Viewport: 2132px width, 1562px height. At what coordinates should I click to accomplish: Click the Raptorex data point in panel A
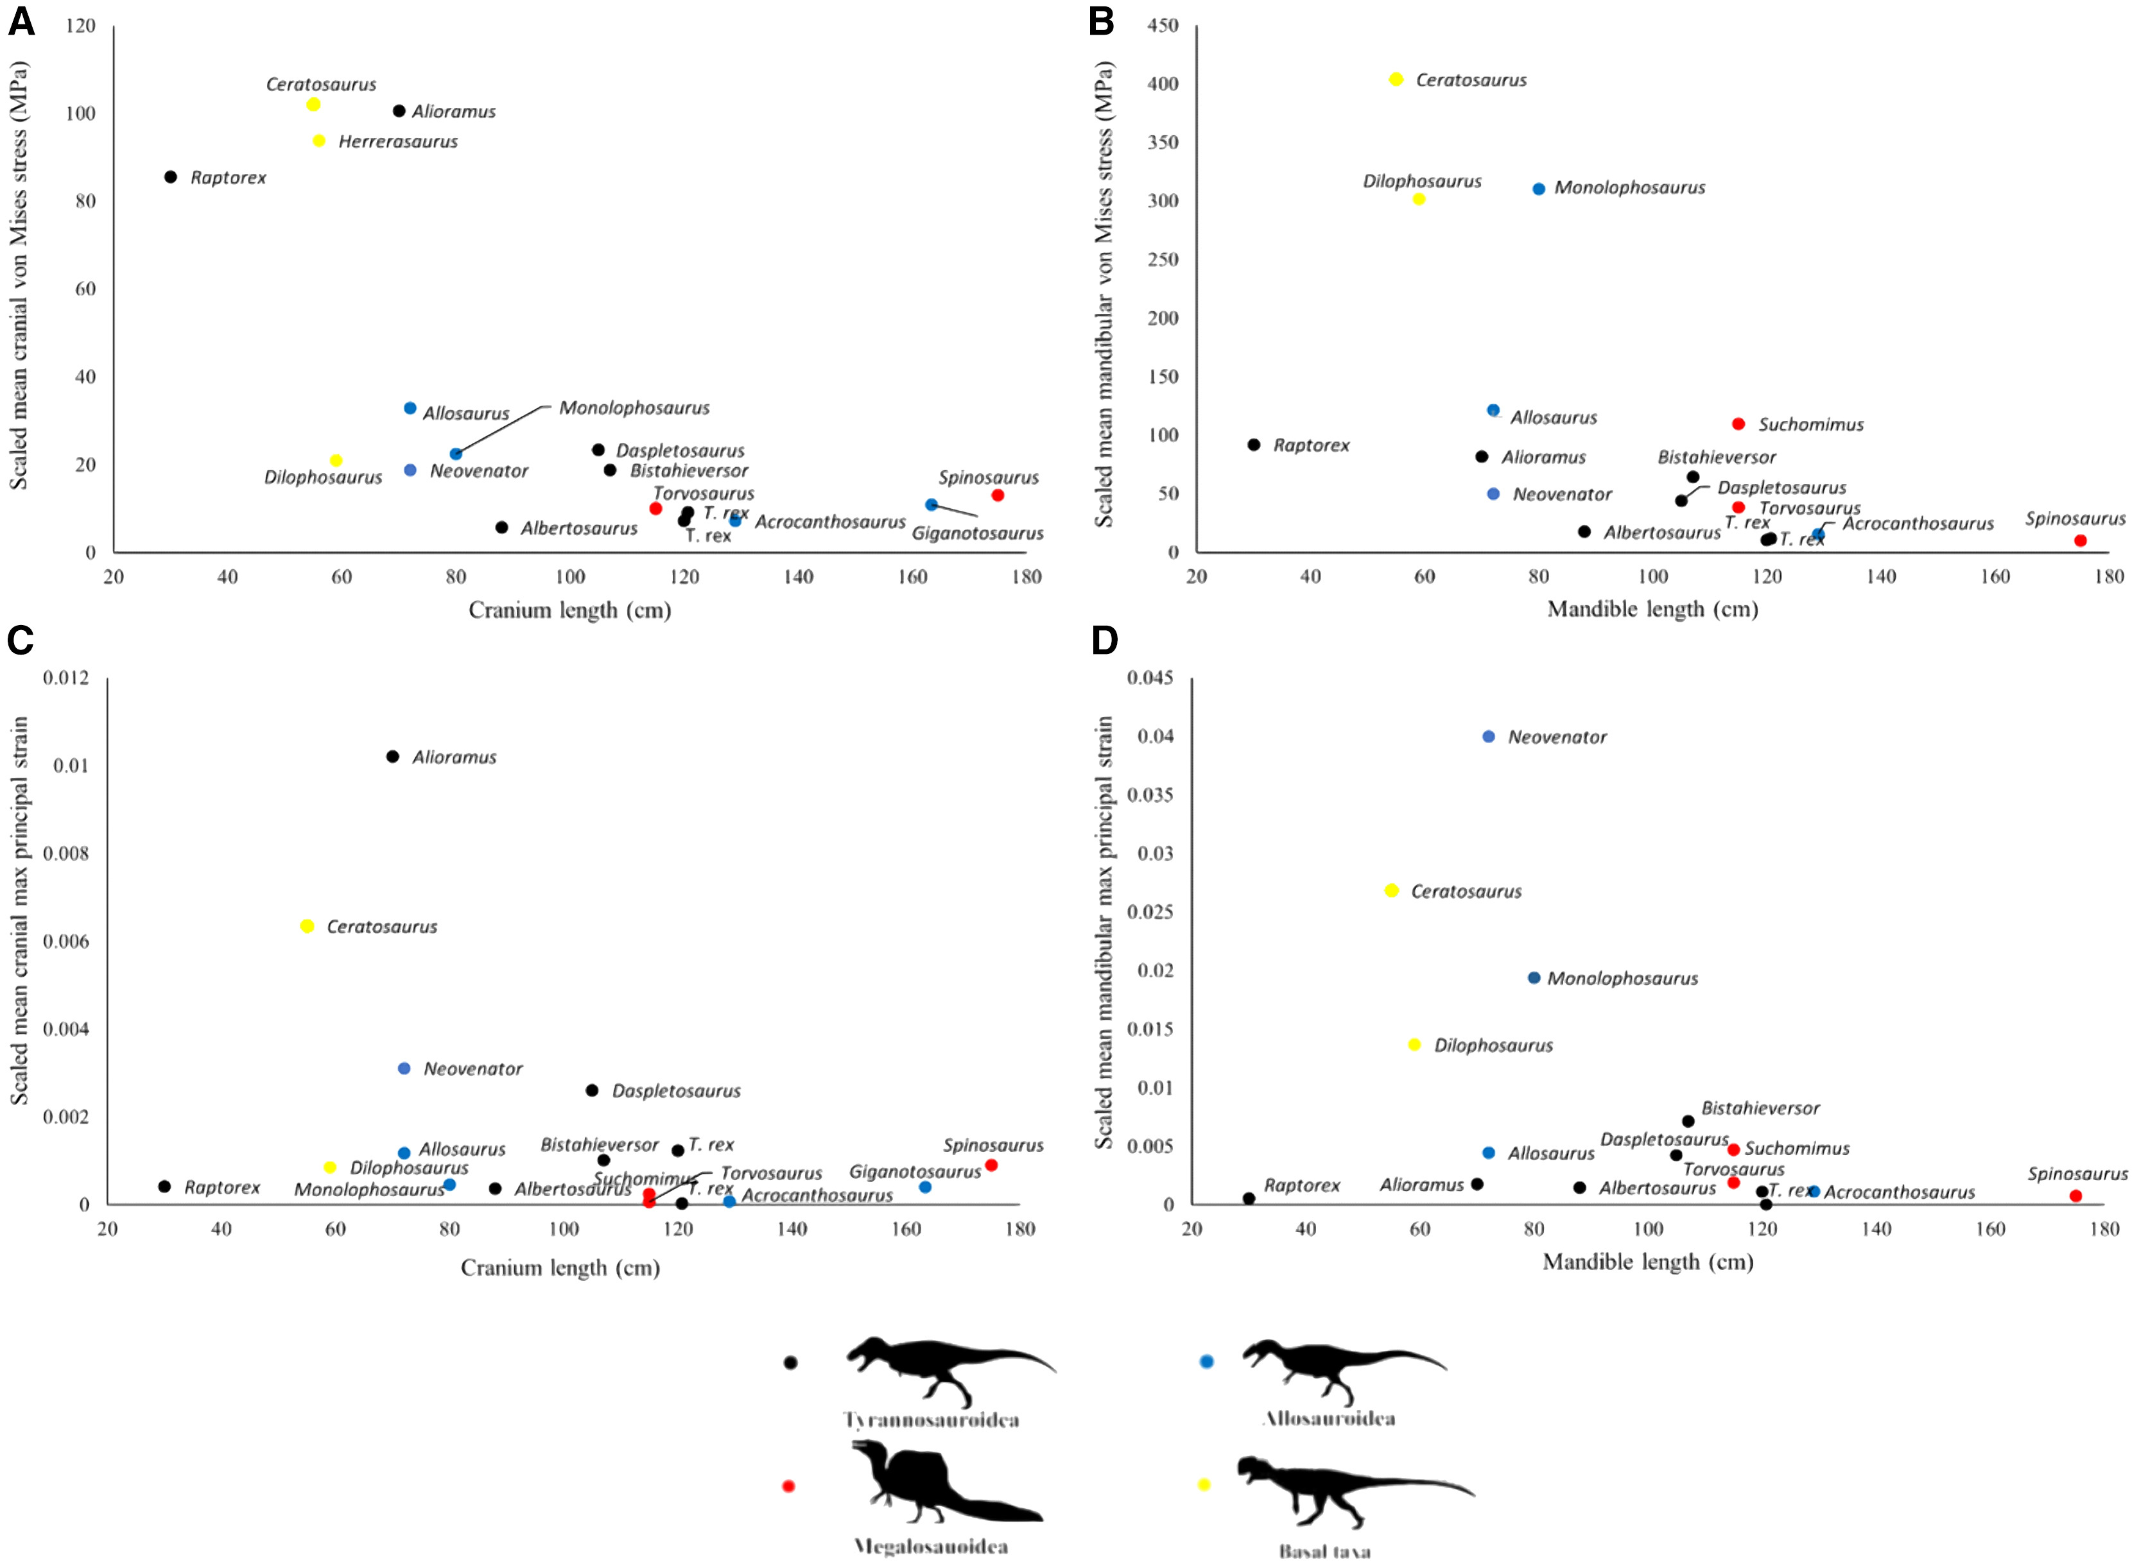170,177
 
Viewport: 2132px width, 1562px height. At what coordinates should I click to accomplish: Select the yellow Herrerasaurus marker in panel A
319,141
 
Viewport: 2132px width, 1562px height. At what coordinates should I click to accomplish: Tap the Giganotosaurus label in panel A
977,534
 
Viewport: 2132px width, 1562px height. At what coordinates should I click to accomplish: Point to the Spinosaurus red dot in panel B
2080,541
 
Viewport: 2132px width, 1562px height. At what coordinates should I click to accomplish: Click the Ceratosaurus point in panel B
1396,80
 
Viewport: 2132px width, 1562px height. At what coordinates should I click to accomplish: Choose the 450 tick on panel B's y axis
1163,26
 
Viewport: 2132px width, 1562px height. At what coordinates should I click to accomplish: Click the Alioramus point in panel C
392,757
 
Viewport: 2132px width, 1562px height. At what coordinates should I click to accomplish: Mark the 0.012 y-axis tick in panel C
65,677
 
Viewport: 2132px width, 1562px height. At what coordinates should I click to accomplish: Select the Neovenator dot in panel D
1489,737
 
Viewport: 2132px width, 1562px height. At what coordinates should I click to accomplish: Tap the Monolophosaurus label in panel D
1622,979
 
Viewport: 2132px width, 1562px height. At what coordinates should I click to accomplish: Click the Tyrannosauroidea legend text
931,1420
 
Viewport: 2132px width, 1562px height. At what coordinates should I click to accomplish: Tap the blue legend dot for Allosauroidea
1206,1362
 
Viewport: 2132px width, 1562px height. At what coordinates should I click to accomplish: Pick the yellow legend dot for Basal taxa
1204,1484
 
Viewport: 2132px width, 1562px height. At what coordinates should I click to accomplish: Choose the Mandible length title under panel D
1648,1262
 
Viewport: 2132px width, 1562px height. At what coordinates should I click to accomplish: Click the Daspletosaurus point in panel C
592,1090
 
